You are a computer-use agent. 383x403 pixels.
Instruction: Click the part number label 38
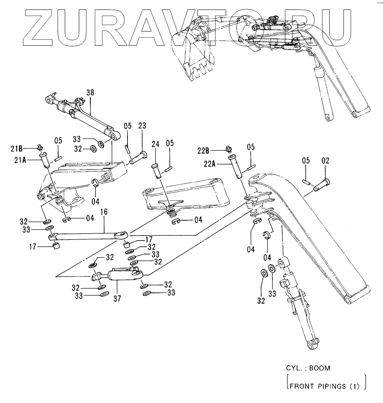tap(90, 92)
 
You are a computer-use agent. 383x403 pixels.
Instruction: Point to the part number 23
tap(142, 126)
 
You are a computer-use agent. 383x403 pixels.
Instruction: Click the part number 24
tap(155, 144)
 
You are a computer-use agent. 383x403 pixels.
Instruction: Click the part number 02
tap(326, 161)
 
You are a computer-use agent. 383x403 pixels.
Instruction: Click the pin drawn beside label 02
tap(322, 186)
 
